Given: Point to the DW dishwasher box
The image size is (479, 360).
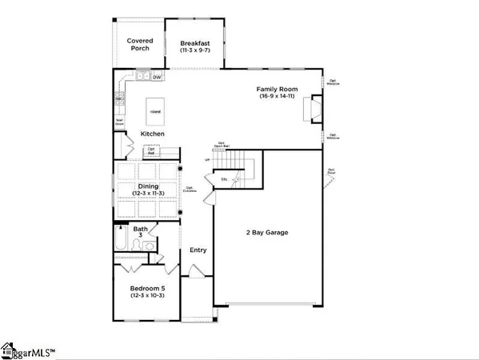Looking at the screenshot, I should (156, 78).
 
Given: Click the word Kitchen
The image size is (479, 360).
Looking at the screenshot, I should (154, 133).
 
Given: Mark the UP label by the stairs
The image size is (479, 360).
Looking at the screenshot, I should (207, 160).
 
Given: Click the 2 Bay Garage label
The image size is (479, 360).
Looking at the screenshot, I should (266, 233).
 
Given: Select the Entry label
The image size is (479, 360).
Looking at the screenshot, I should (198, 250).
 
